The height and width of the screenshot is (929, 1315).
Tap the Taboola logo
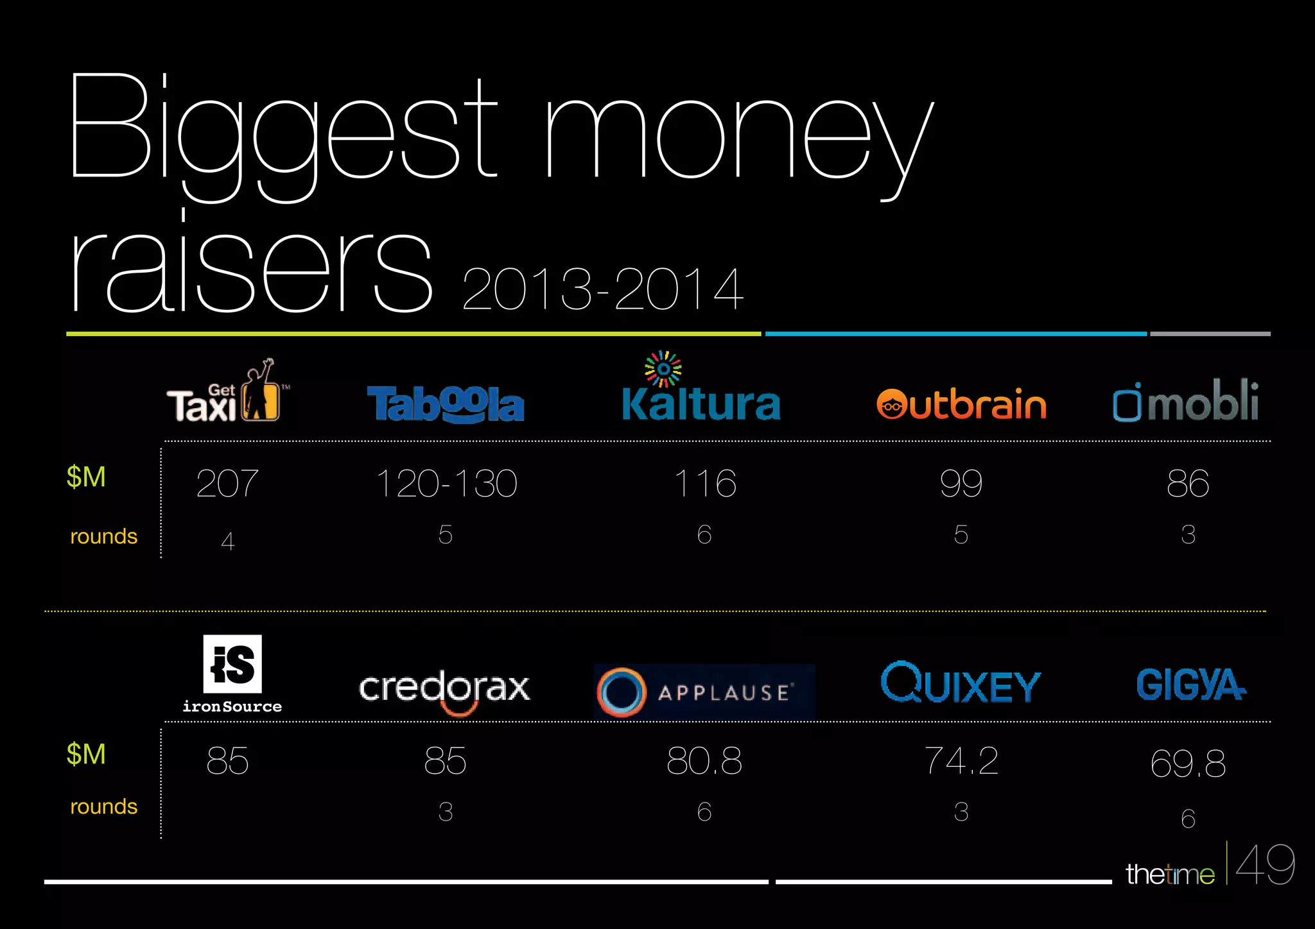[446, 404]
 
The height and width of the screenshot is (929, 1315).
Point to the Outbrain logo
[961, 404]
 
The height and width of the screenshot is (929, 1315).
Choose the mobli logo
[1186, 402]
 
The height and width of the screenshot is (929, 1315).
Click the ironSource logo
[232, 674]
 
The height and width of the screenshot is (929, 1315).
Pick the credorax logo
[444, 689]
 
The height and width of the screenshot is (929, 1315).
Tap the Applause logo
[704, 692]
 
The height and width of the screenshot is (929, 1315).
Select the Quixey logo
[961, 683]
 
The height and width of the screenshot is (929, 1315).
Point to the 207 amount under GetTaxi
[227, 483]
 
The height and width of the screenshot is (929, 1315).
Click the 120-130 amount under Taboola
[446, 483]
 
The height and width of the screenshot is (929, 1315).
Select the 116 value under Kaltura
[704, 483]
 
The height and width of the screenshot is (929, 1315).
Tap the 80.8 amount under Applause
[704, 761]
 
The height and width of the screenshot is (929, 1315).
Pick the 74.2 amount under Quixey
[961, 761]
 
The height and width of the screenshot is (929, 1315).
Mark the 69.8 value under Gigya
[1188, 763]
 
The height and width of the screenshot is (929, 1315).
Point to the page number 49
[1265, 865]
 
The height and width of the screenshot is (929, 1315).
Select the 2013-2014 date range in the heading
[602, 289]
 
